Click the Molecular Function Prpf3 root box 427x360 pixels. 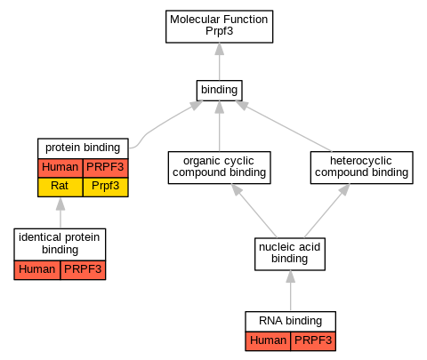[219, 27]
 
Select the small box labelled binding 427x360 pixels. [220, 91]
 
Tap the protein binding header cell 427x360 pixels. [83, 148]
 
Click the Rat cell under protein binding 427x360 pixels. [60, 187]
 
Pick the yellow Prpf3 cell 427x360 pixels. [106, 187]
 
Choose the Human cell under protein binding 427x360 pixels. [60, 168]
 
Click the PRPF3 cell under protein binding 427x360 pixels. [106, 168]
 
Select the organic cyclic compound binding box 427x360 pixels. [220, 167]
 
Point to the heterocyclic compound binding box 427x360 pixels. [362, 167]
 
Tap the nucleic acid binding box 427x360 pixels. [290, 254]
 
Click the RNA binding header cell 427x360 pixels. [291, 321]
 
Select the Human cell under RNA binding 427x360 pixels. [268, 341]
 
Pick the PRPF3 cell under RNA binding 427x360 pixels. [313, 341]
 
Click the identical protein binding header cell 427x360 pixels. [60, 244]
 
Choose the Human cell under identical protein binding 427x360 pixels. [37, 270]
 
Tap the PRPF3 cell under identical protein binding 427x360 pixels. [83, 270]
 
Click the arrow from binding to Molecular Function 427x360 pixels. [220, 61]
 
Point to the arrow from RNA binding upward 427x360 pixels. [291, 291]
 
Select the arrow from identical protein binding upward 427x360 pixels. [60, 212]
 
